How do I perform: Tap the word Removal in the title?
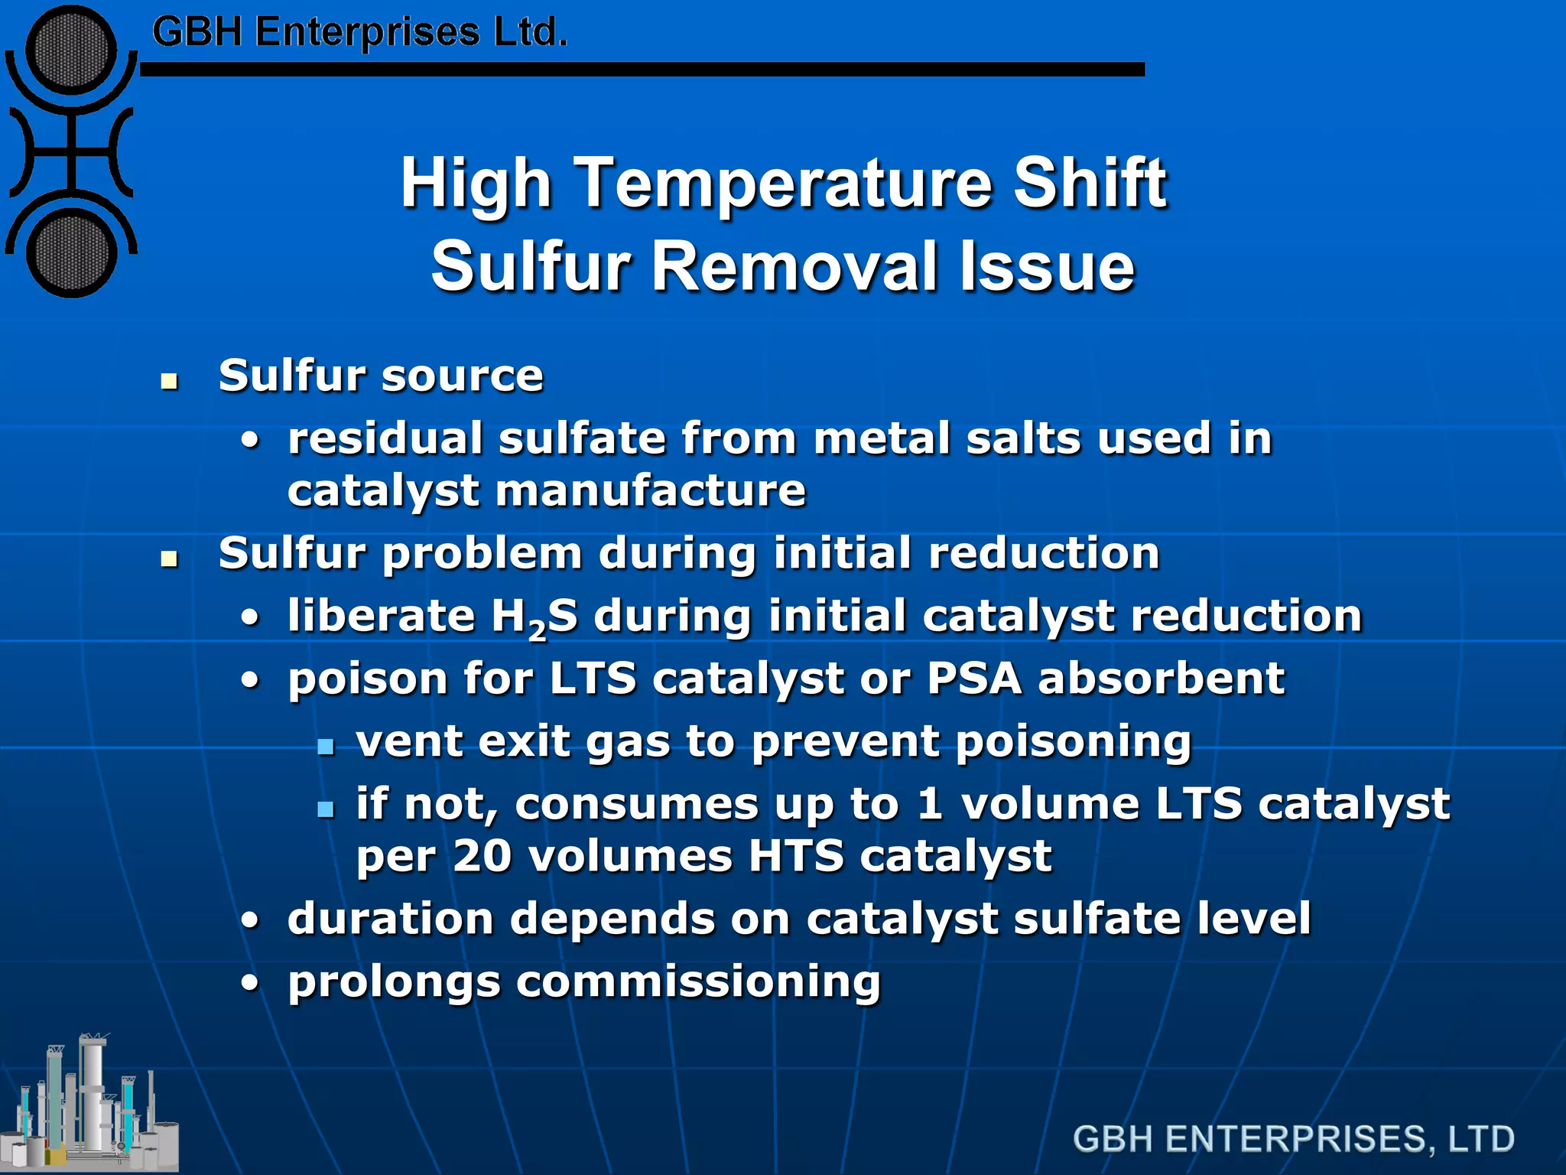pos(796,266)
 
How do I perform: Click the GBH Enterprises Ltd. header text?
pos(359,33)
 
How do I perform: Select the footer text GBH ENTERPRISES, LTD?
pos(1293,1138)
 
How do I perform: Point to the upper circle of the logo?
pos(71,50)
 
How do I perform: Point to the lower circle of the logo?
pos(71,253)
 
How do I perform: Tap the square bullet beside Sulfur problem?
pos(170,558)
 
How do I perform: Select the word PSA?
pos(974,679)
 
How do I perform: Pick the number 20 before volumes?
pos(482,855)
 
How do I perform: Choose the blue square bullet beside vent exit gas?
pos(327,746)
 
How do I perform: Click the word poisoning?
pos(1074,742)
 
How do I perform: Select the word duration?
pos(390,918)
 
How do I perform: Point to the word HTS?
pos(796,855)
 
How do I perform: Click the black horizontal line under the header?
pos(642,70)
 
